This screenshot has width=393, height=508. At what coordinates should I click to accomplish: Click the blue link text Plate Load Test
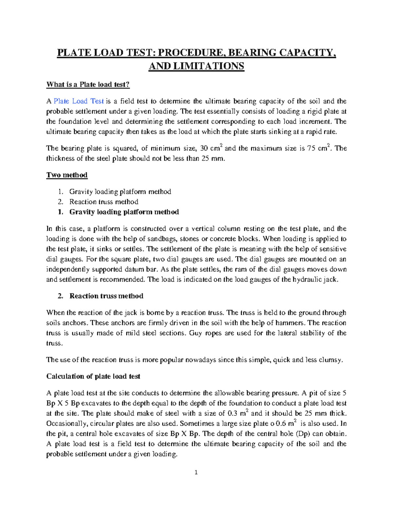[79, 101]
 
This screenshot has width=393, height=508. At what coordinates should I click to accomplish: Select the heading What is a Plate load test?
[88, 84]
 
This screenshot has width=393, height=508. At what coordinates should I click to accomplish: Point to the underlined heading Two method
[67, 175]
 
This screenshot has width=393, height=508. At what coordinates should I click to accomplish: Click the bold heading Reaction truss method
[106, 296]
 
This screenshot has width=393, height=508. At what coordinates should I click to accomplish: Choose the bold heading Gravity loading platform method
[124, 212]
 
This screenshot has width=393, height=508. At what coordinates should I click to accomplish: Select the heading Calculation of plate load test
[93, 377]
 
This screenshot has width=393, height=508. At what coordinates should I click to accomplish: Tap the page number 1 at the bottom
[196, 472]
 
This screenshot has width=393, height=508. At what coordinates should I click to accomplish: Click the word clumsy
[330, 360]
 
